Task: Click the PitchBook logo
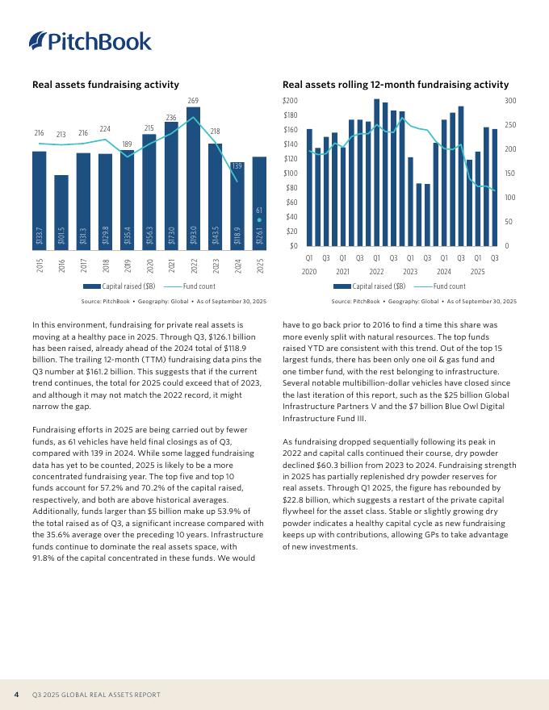click(x=90, y=40)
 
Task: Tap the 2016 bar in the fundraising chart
click(x=61, y=210)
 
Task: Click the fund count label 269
click(x=193, y=100)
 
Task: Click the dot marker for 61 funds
click(x=259, y=219)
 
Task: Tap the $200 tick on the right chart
click(x=290, y=101)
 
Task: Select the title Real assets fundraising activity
click(x=105, y=85)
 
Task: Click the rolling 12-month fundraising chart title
click(x=396, y=85)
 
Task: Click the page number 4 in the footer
click(x=17, y=695)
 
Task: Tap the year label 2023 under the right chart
click(x=410, y=271)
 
